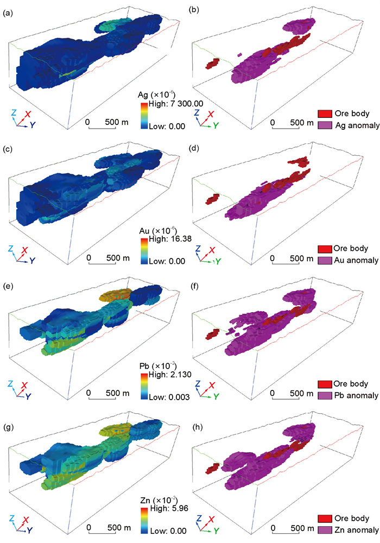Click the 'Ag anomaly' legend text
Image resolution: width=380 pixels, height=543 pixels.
[x=356, y=127]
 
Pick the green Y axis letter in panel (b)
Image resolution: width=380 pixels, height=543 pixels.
[x=218, y=125]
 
